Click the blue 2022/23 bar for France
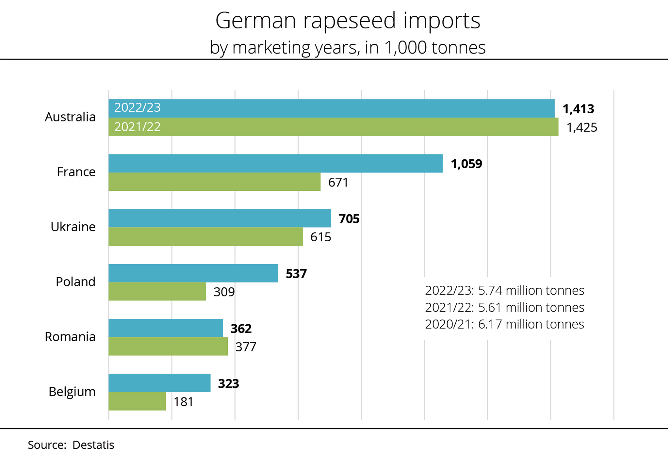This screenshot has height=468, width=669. coord(275,163)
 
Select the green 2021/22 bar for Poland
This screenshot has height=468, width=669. coord(157,291)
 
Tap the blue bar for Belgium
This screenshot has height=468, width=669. coord(159,383)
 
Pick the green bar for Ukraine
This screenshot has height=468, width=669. coord(205,236)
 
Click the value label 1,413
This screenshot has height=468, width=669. coord(578,109)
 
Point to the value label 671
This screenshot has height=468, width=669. coord(338,182)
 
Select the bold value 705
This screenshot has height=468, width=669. coord(349,218)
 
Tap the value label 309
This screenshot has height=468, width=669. coord(224,292)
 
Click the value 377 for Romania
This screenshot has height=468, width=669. coord(246,347)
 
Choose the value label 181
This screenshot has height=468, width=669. coord(183,402)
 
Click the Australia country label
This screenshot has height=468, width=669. coord(70,117)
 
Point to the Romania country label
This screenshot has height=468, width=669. coord(70,336)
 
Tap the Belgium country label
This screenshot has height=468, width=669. coord(72,391)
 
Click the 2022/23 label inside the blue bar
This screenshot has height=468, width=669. coord(137,107)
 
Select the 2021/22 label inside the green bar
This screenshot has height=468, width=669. coord(137,127)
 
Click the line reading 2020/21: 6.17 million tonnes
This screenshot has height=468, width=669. coord(504,324)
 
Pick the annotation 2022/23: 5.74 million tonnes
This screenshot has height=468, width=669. coord(504,290)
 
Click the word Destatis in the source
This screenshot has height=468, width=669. coord(93,445)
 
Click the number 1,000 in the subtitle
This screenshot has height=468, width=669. coord(405,48)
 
